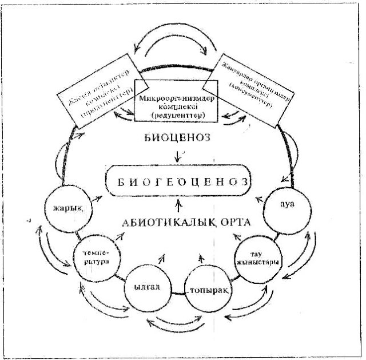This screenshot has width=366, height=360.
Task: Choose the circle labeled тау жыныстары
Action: (257, 257)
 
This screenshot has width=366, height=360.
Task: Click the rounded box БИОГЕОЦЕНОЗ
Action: (180, 183)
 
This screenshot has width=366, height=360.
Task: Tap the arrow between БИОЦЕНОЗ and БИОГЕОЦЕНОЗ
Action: (180, 155)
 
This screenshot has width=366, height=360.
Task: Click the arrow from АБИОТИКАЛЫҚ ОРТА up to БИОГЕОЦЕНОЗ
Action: (180, 205)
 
